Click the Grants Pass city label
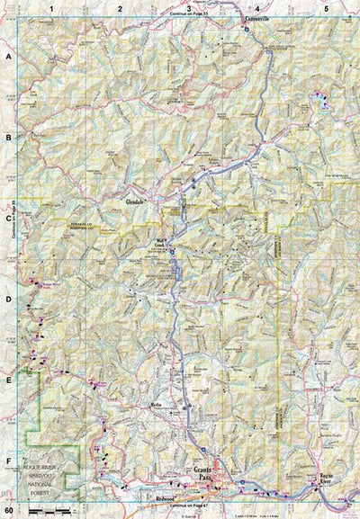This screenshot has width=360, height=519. [205, 472]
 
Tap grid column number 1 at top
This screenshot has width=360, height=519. [52, 8]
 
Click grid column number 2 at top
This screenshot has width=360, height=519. [120, 8]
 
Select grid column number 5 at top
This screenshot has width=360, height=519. [325, 8]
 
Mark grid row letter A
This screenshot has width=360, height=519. [8, 56]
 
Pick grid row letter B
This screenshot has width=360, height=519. [8, 138]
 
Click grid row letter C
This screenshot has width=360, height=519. [8, 218]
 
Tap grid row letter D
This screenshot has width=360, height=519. [8, 299]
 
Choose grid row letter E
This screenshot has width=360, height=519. [8, 380]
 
